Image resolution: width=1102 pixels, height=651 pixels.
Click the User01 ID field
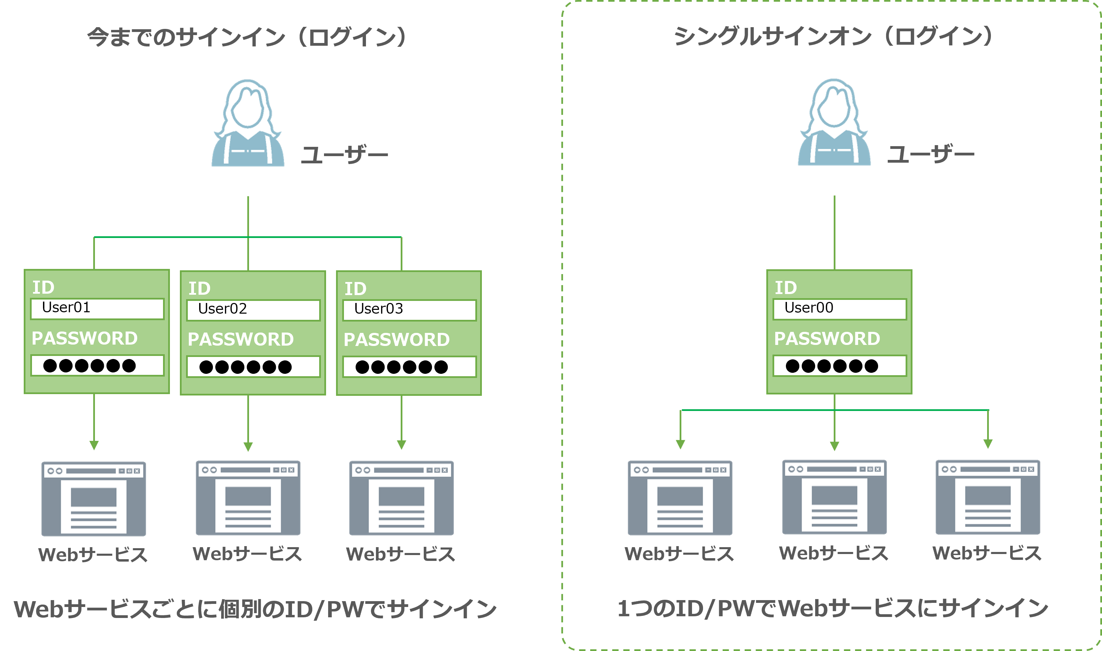(97, 309)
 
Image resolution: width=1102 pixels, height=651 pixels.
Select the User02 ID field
(253, 310)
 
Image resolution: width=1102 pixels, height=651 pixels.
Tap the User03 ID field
(409, 310)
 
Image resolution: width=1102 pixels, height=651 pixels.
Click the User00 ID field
(839, 309)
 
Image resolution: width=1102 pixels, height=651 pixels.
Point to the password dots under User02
(246, 367)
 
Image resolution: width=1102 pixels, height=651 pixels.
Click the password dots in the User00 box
(832, 366)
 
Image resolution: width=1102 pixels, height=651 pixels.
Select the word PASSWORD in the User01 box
(85, 338)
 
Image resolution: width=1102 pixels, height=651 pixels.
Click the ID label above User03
(355, 289)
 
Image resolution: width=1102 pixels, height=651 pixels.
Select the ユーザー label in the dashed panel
(931, 156)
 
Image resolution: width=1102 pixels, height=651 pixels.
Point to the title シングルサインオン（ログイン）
(833, 36)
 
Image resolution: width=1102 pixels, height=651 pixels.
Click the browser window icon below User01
(94, 499)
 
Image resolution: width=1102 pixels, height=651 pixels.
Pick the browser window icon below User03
(401, 498)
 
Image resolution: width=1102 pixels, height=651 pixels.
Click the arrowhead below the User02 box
(248, 447)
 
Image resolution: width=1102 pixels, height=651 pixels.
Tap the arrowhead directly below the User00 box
(834, 446)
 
